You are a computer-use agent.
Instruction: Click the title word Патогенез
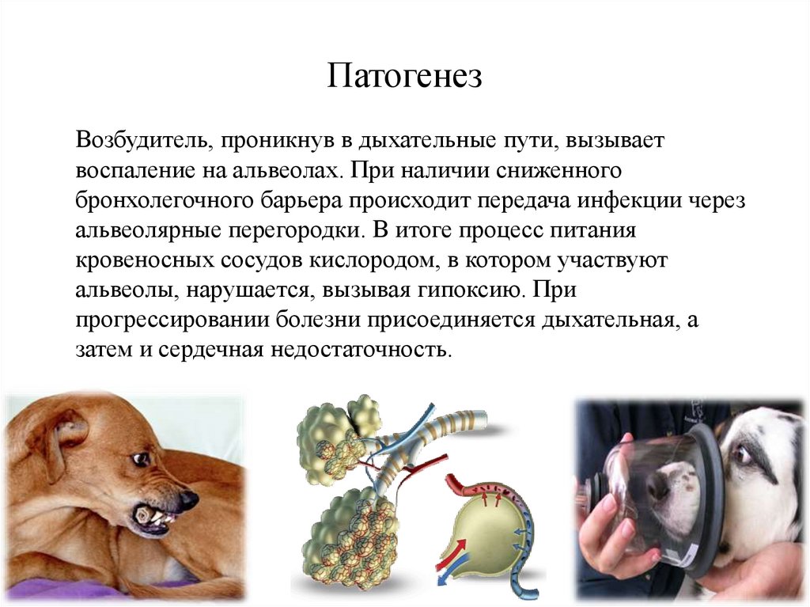(x=404, y=77)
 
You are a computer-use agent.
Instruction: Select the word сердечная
(x=210, y=349)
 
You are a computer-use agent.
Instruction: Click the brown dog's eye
(x=140, y=458)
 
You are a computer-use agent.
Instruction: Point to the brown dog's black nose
(x=187, y=500)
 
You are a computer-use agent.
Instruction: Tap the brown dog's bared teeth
(x=153, y=516)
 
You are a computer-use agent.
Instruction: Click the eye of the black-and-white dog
(x=741, y=453)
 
